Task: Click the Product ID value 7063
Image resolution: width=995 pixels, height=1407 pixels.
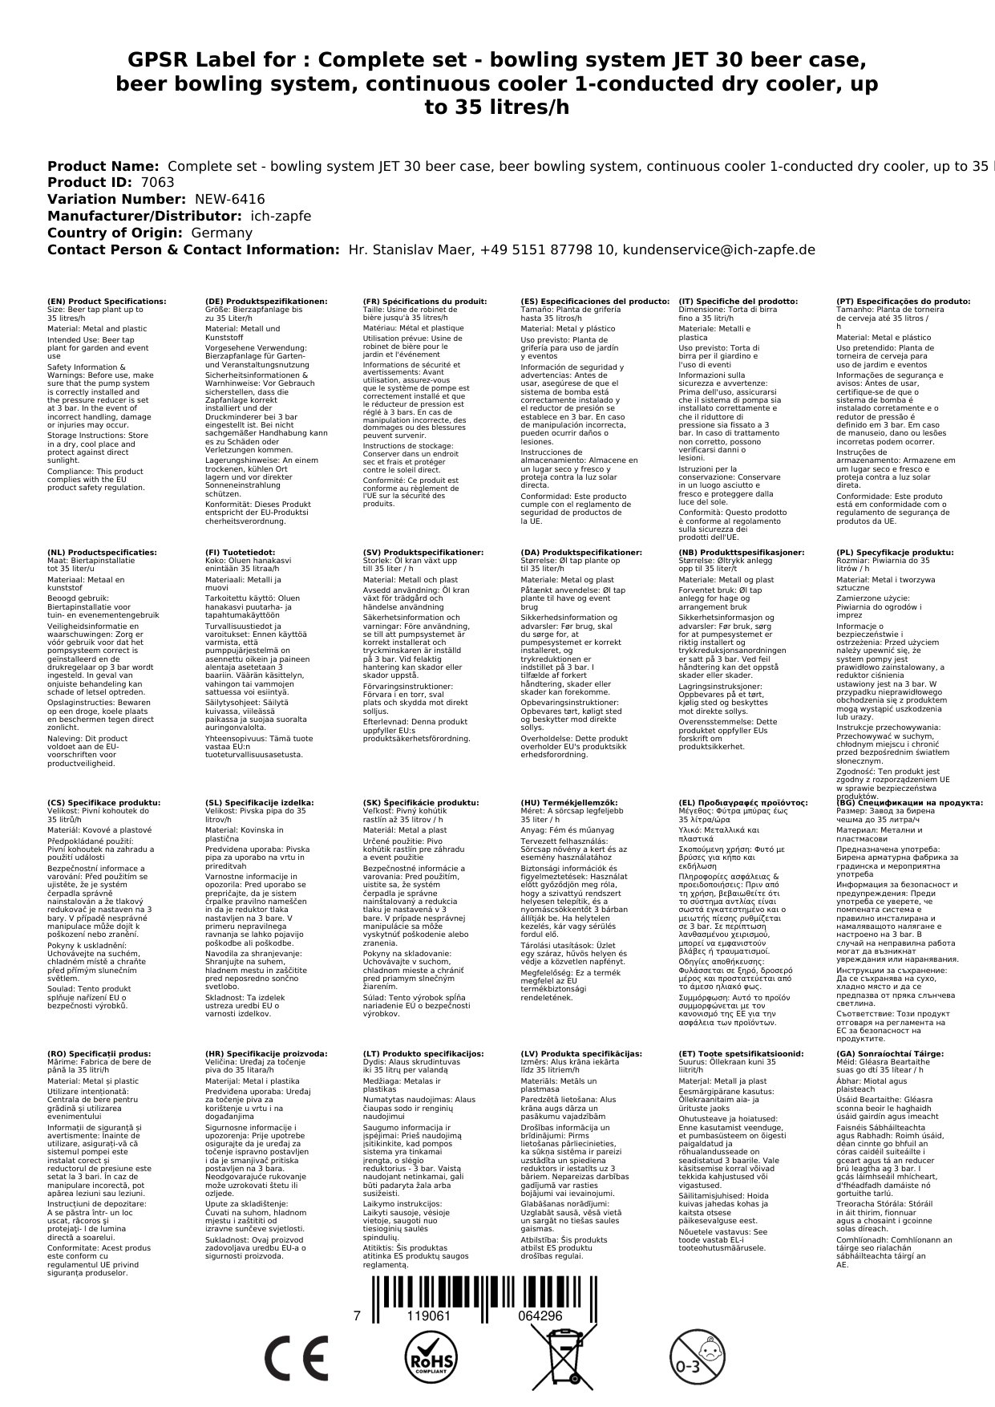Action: click(x=157, y=182)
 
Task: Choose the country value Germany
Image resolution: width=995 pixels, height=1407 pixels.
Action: click(x=220, y=233)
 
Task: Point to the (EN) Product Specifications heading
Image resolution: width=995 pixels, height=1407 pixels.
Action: click(x=107, y=302)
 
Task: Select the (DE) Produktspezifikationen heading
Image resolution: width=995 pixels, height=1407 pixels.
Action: click(x=266, y=302)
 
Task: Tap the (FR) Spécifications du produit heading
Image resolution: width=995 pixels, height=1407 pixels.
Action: click(x=424, y=302)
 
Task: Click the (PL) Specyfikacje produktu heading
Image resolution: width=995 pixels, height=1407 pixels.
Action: click(x=895, y=553)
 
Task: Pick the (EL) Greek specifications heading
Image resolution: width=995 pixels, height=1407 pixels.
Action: click(x=742, y=802)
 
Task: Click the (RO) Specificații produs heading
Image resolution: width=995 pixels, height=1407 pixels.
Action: click(x=99, y=1053)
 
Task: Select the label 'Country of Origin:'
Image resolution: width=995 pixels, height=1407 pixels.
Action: click(x=116, y=233)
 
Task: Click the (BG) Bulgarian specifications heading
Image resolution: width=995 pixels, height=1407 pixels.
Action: click(x=909, y=802)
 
